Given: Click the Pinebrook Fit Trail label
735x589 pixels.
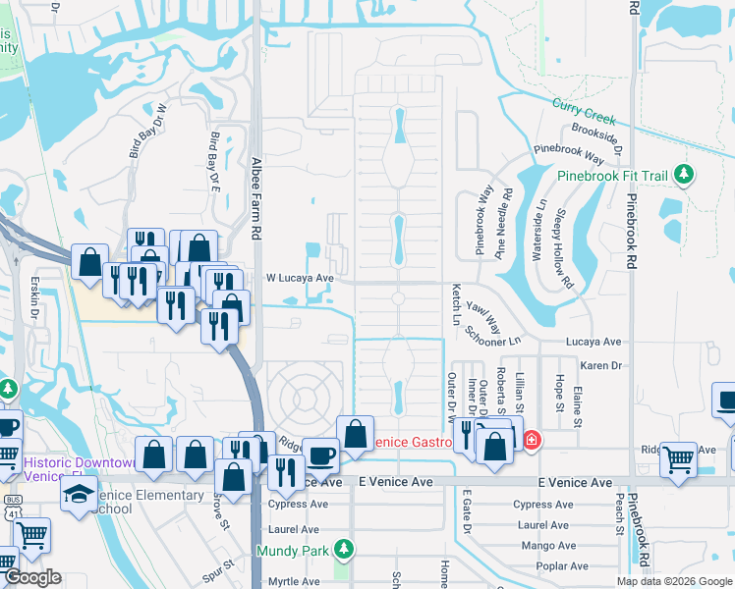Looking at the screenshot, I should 612,176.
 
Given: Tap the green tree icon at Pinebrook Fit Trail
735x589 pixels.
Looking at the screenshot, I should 685,176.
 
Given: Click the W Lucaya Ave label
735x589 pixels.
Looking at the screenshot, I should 301,278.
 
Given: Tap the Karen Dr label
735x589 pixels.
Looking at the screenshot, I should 601,365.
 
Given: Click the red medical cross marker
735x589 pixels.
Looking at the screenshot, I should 532,440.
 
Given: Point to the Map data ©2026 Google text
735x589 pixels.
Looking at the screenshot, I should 674,581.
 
